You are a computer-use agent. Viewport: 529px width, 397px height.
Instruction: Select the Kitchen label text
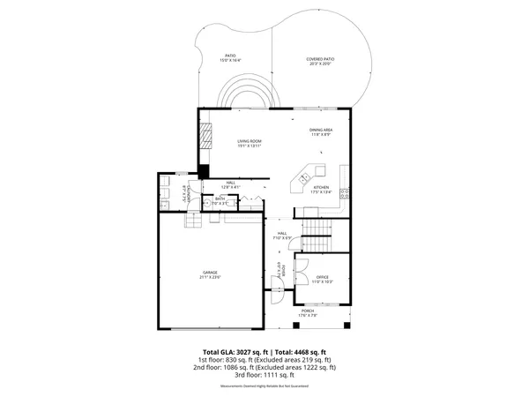point(322,190)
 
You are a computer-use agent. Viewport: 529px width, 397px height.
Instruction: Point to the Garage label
point(209,274)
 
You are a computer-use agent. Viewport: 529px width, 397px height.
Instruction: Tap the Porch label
point(308,313)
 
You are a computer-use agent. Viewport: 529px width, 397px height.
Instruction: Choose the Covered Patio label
point(321,61)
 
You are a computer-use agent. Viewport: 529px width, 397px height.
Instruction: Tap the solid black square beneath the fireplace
point(204,171)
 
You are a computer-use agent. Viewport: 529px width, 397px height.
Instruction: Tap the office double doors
point(301,264)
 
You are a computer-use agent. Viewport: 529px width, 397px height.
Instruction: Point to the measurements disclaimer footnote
point(264,386)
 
